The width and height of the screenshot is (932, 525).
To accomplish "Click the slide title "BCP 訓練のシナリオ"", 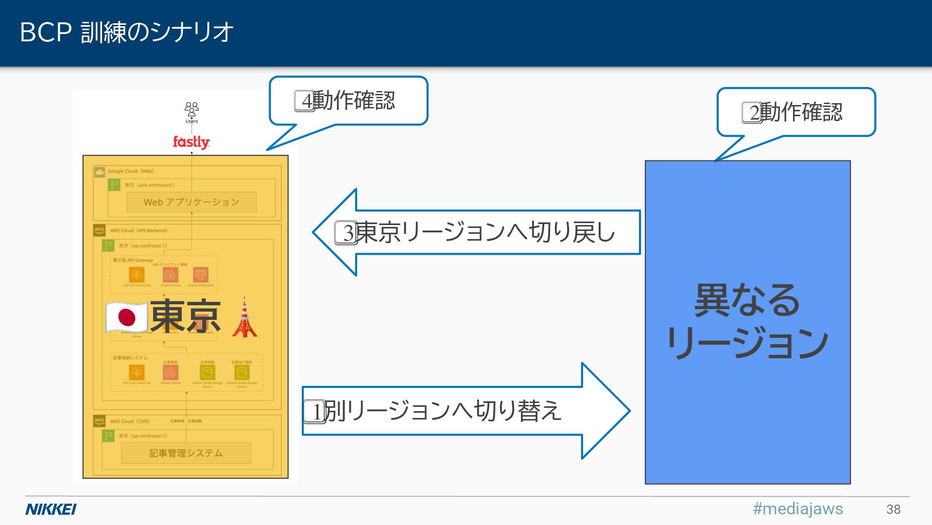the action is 126,33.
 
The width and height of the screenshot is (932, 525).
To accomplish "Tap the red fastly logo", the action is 191,142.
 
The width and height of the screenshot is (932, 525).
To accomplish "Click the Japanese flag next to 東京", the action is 127,317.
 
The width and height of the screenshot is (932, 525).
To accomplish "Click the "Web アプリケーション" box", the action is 191,202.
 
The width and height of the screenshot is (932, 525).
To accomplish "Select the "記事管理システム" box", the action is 186,453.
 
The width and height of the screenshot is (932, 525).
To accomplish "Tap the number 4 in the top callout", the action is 306,101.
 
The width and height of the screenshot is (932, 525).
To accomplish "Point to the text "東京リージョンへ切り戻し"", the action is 486,232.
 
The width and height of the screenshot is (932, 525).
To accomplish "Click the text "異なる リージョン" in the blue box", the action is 747,321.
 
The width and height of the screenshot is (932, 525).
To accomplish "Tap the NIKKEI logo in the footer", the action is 51,509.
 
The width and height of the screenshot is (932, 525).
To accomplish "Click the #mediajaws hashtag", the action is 797,508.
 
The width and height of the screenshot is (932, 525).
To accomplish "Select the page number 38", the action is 893,509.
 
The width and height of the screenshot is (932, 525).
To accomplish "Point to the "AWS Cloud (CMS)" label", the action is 130,421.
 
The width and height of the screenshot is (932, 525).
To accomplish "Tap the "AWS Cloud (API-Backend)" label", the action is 138,230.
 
